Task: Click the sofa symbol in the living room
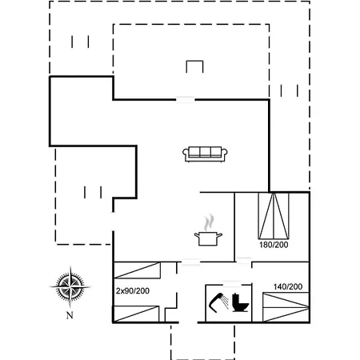pos(205,154)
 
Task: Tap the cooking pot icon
pos(208,238)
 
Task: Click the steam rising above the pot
pos(209,222)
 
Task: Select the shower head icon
pos(219,302)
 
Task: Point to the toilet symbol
pos(240,302)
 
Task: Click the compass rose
pos(70,287)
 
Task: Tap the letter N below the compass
pos(70,315)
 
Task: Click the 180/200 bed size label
pos(274,245)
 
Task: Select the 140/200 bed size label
pos(288,286)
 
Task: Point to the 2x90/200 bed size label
pos(133,290)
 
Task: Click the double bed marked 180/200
pos(274,215)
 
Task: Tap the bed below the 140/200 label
pos(286,307)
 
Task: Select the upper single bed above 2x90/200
pos(137,270)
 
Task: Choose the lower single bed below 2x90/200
pos(136,314)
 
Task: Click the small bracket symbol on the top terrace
pos(194,66)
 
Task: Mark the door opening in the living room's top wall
pos(186,100)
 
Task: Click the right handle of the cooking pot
pos(219,235)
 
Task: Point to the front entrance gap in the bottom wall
pos(188,322)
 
